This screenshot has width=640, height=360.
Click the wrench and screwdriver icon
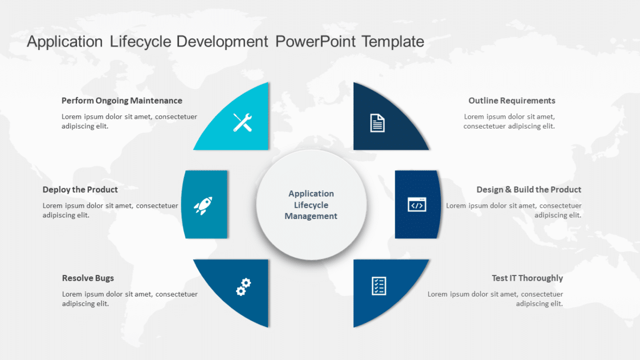click(242, 123)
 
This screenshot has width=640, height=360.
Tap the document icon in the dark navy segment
click(377, 123)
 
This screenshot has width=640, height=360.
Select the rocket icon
click(203, 205)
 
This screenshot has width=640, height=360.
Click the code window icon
click(417, 204)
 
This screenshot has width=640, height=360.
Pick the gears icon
click(244, 287)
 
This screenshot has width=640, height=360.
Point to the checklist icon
click(379, 286)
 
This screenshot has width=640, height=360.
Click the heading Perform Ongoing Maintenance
click(121, 100)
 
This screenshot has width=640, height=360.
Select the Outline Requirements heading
click(511, 100)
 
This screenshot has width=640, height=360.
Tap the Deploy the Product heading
click(80, 189)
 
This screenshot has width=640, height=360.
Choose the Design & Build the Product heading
click(528, 189)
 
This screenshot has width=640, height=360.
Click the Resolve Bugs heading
click(88, 278)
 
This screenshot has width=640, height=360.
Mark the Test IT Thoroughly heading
click(527, 278)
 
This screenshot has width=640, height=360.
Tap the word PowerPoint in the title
click(315, 41)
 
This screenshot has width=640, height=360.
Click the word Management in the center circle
click(311, 216)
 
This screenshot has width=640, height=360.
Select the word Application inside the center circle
click(311, 194)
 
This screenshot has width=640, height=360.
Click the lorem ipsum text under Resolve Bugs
click(130, 299)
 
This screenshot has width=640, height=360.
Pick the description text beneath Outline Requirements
click(509, 121)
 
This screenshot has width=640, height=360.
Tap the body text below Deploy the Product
click(110, 210)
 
